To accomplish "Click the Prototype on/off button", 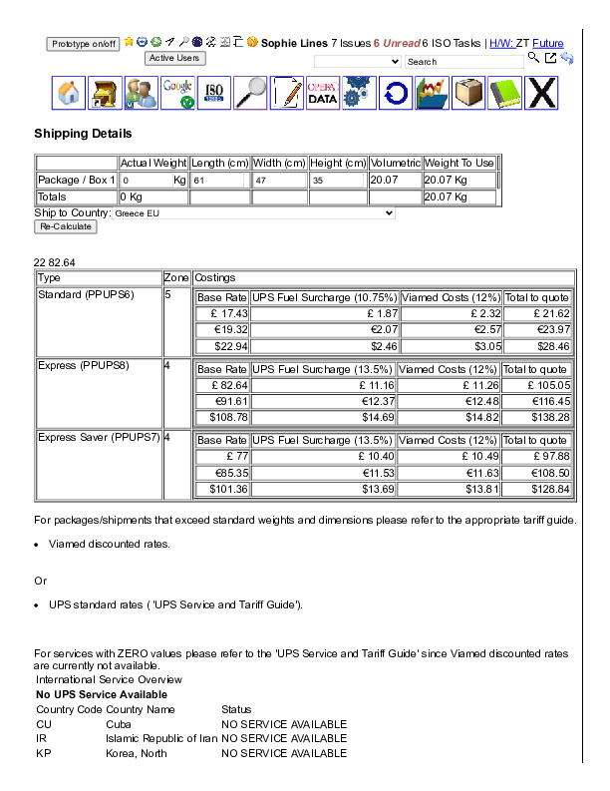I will pos(84,44).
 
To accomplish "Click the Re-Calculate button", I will pos(67,226).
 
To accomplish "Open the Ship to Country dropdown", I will pos(253,212).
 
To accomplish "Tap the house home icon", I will pos(69,93).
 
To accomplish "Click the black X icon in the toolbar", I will pos(540,93).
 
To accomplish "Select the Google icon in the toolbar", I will pos(177,93).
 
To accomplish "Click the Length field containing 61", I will pos(218,181).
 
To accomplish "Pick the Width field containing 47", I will pos(279,181).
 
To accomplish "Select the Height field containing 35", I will pos(337,181).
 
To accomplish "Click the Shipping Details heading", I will pos(83,134).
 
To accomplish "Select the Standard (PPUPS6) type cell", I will pos(85,294).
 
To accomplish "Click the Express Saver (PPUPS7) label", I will pos(98,437).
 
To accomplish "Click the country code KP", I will pos(44,754).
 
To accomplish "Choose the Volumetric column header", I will pos(395,163).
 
